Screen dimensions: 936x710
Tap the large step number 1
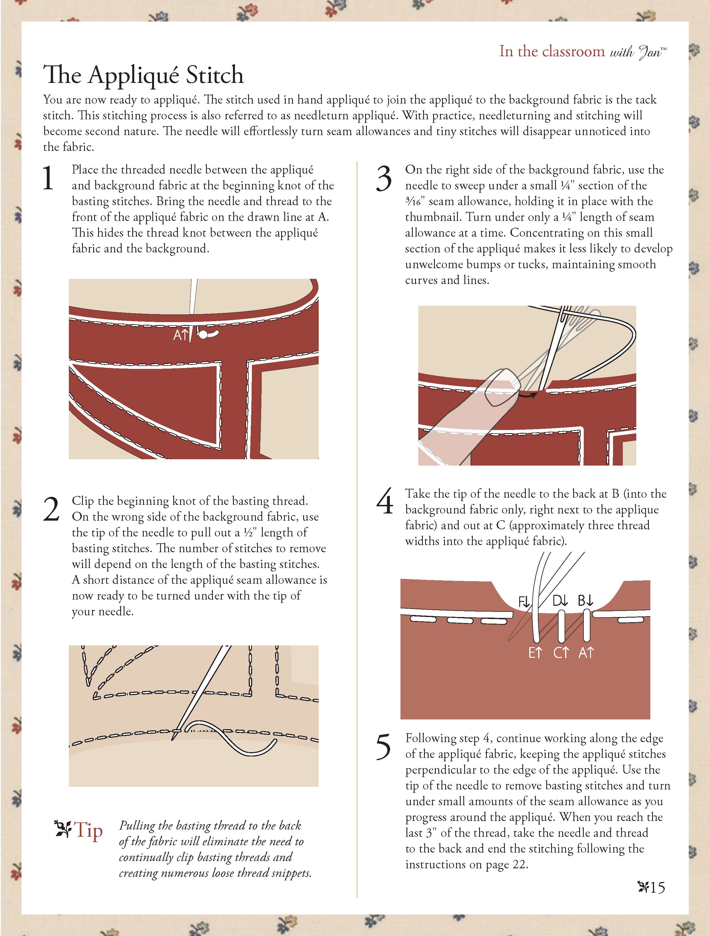[x=48, y=178]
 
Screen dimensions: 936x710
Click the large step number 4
[x=385, y=502]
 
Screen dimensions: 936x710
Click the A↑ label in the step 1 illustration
[x=181, y=335]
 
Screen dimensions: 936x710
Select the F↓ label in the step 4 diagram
[x=524, y=601]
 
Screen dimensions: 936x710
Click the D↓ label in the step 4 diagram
[x=560, y=600]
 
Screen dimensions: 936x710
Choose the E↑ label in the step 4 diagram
[x=535, y=653]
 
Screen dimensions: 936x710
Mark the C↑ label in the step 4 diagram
[x=561, y=653]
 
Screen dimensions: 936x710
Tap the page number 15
[x=657, y=887]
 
